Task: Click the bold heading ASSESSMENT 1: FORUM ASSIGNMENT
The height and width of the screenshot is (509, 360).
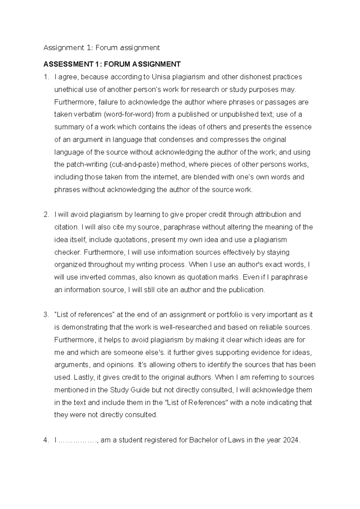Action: (112, 64)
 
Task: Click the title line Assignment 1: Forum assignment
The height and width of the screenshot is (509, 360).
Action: (102, 47)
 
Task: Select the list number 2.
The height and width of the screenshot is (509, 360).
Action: (46, 215)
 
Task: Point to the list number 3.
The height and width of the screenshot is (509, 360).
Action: (46, 315)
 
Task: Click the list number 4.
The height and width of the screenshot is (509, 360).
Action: (46, 440)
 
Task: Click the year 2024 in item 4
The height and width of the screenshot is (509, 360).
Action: (291, 440)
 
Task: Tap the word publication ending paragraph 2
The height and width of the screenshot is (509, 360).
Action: (247, 290)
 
